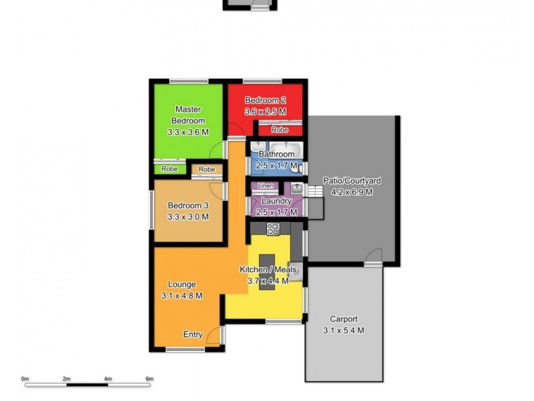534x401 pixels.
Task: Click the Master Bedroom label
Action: pyautogui.click(x=188, y=114)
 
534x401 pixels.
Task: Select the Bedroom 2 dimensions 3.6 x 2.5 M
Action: pyautogui.click(x=265, y=112)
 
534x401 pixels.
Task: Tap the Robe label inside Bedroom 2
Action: pyautogui.click(x=280, y=130)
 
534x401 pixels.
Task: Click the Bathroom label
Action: pyautogui.click(x=276, y=154)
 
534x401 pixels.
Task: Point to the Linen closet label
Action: pyautogui.click(x=265, y=185)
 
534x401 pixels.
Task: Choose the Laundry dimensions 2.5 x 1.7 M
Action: pyautogui.click(x=276, y=211)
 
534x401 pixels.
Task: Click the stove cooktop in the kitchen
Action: pyautogui.click(x=272, y=229)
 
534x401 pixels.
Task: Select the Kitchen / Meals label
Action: pyautogui.click(x=264, y=269)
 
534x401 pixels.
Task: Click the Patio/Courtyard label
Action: pyautogui.click(x=352, y=180)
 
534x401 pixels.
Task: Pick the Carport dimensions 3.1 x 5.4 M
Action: pyautogui.click(x=344, y=330)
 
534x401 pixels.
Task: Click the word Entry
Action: pyautogui.click(x=193, y=335)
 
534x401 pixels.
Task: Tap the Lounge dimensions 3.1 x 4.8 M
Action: pyautogui.click(x=182, y=295)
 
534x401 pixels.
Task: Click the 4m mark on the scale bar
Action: pyautogui.click(x=108, y=379)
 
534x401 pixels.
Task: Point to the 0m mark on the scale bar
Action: pyautogui.click(x=25, y=379)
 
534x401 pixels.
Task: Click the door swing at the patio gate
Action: pyautogui.click(x=374, y=257)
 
